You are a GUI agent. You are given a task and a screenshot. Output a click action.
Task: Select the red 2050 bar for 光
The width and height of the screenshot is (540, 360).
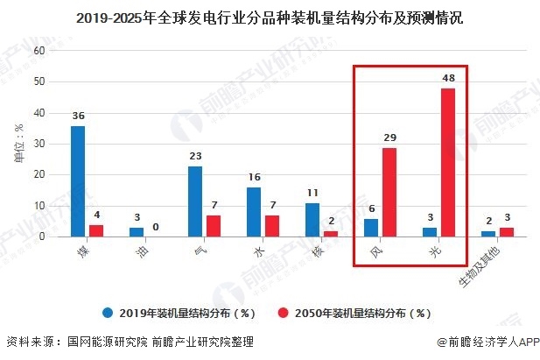pos(448,162)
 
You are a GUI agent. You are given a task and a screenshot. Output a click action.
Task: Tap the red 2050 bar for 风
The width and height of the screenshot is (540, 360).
pos(389,192)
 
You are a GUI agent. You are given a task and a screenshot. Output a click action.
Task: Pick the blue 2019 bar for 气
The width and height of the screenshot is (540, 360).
pos(195,201)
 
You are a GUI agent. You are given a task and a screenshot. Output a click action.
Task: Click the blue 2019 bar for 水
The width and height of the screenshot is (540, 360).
pos(254,212)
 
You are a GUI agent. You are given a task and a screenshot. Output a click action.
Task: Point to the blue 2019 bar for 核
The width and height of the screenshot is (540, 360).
pos(312,220)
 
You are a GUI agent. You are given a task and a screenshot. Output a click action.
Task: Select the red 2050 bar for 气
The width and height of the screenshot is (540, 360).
pos(214,226)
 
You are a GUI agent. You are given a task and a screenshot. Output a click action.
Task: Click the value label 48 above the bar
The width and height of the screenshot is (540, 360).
pos(449,78)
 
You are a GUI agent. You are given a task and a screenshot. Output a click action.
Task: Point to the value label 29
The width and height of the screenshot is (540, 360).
pos(389,138)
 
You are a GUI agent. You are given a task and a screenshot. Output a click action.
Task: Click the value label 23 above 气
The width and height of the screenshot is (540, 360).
pos(195,156)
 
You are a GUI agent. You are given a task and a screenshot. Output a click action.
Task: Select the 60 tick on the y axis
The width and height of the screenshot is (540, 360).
pos(39,51)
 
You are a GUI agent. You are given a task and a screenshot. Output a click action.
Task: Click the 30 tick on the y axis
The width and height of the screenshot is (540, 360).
pos(39,144)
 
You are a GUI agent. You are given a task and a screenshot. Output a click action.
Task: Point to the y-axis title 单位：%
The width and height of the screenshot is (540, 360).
pos(18,144)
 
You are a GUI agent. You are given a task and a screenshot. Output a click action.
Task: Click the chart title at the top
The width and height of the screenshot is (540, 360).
pos(270,15)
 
